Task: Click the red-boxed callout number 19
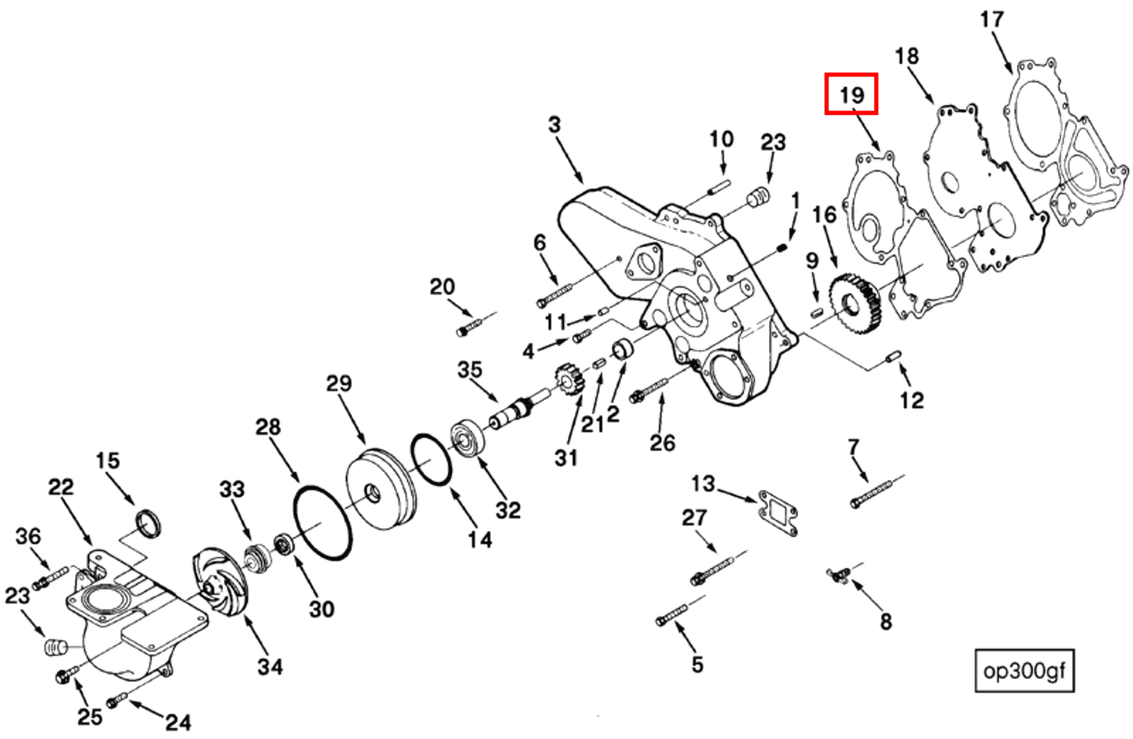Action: (851, 94)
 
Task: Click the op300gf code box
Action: (1024, 670)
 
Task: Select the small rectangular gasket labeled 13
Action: (778, 512)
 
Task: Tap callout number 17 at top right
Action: (991, 20)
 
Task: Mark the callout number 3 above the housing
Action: (554, 125)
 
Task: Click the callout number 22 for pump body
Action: (61, 487)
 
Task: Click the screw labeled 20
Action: (469, 326)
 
